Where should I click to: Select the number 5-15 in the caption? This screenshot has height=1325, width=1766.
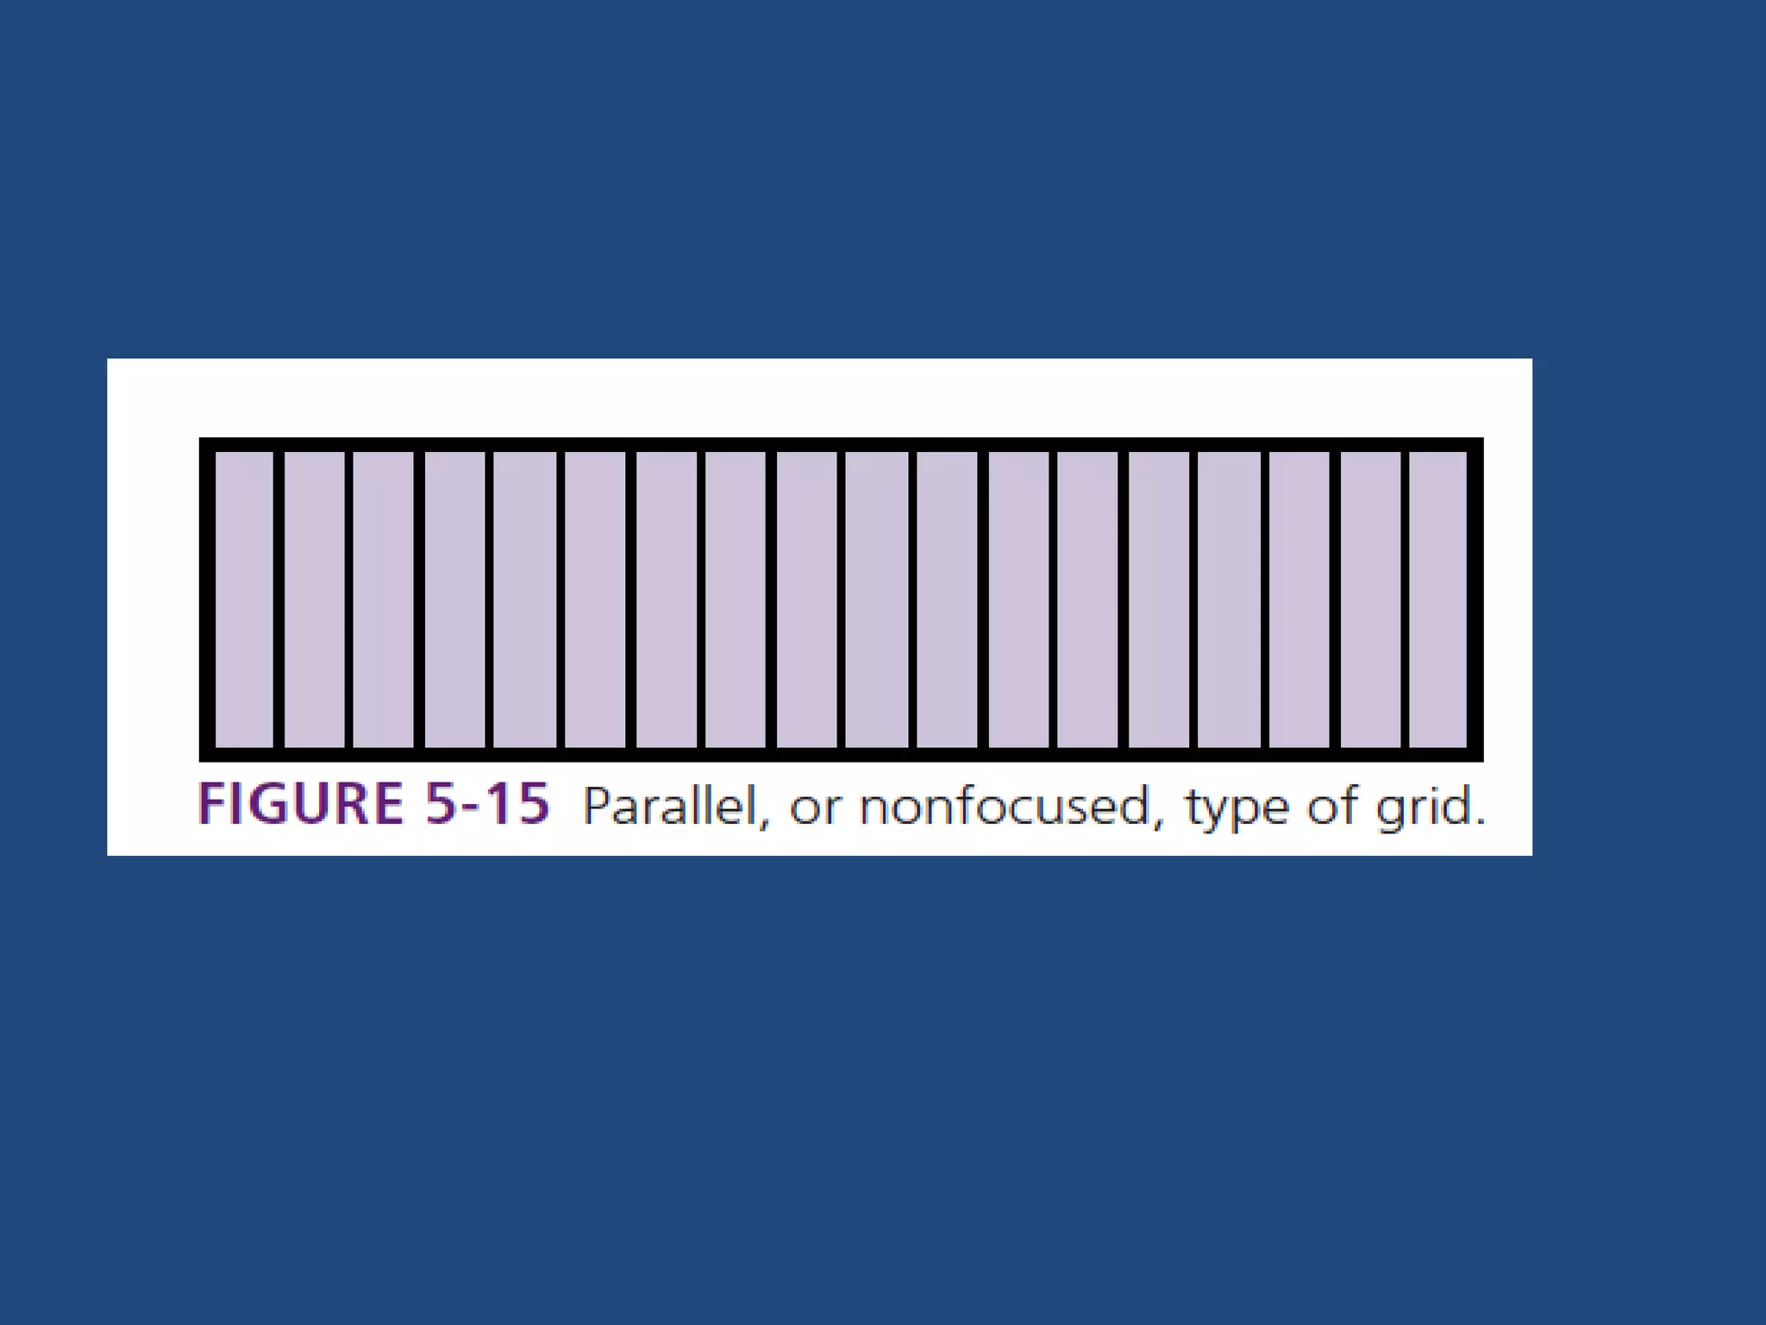tap(487, 804)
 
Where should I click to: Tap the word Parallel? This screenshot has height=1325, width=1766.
tap(670, 807)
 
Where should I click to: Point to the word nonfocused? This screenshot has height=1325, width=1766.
tap(1005, 807)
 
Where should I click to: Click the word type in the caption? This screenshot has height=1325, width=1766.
tap(1237, 809)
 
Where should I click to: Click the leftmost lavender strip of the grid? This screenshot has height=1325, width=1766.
tap(244, 599)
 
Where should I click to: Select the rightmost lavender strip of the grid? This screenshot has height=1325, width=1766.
tap(1437, 599)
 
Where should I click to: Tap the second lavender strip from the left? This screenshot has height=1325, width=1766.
tap(315, 599)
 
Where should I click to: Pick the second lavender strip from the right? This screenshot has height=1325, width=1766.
tap(1370, 599)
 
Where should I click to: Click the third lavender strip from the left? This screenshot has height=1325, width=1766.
tap(384, 599)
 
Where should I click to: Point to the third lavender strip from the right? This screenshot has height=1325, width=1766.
tap(1299, 599)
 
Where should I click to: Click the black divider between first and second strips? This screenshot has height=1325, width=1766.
tap(279, 599)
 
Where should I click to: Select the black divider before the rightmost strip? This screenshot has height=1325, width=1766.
tap(1405, 599)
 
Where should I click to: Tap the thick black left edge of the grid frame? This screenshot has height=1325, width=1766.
tap(207, 599)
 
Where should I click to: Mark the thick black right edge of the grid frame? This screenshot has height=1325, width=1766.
tap(1475, 599)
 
